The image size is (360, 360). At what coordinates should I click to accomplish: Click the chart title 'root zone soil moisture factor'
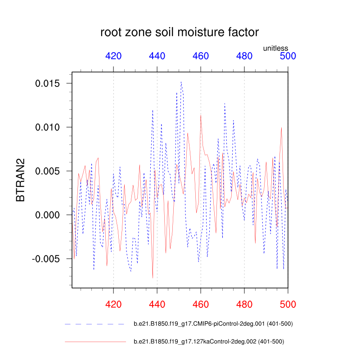point(180,32)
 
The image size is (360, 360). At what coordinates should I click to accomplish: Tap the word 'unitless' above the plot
point(275,48)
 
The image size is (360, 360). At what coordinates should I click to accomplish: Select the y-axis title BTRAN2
point(21,180)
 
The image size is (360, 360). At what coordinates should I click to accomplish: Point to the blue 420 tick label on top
point(113,56)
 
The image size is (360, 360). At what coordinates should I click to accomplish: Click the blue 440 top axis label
point(157,56)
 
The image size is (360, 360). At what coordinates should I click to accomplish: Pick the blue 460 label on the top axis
point(201,56)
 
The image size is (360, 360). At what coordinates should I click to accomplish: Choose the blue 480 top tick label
point(244,56)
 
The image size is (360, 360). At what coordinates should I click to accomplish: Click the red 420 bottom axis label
point(113,305)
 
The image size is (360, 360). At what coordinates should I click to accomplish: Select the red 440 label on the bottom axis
point(157,305)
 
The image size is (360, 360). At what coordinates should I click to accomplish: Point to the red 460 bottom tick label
point(201,305)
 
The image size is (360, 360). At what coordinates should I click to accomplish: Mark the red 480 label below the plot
point(244,305)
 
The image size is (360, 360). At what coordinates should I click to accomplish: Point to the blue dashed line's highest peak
point(181,82)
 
